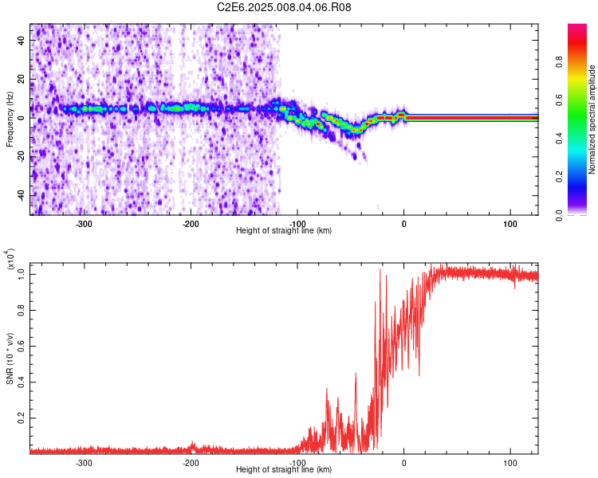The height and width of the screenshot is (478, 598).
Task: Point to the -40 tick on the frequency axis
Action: tap(20, 195)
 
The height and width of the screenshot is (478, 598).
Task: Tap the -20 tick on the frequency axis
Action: tap(20, 156)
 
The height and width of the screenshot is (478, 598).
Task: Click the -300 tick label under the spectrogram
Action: tap(85, 223)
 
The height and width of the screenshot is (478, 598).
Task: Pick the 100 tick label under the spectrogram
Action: tap(510, 223)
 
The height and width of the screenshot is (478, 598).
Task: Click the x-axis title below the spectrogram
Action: tap(284, 231)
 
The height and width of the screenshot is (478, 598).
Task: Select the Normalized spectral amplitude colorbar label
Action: tap(592, 119)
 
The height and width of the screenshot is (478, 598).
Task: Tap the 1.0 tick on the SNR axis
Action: tap(20, 273)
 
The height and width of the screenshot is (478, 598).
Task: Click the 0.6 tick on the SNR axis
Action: tap(20, 345)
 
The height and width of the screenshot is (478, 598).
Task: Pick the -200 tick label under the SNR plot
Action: tap(191, 462)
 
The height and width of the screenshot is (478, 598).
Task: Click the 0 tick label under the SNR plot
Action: tap(404, 462)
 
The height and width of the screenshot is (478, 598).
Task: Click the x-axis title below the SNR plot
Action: tap(284, 470)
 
